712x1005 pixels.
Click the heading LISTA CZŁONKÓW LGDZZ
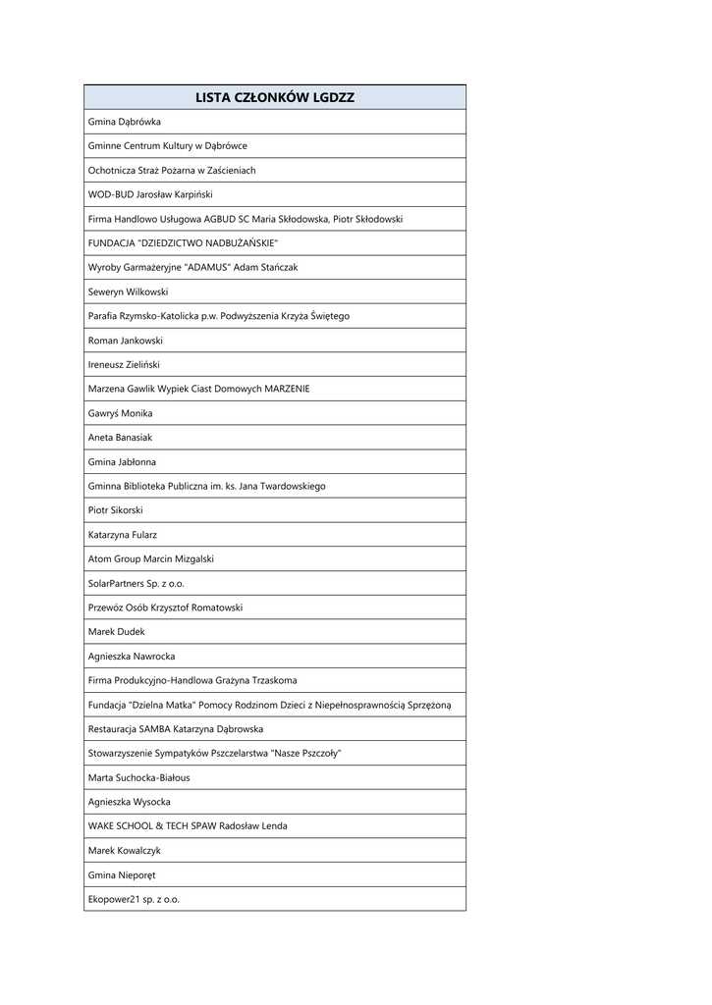[274, 97]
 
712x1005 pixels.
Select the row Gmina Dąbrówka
[125, 122]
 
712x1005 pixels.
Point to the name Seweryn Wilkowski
[129, 291]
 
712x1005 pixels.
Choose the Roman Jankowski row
[126, 341]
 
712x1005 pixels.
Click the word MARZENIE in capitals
[287, 389]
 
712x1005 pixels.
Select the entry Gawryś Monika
[121, 413]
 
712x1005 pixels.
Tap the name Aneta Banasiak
[121, 438]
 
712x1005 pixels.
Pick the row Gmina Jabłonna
[123, 461]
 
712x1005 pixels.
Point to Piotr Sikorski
[116, 510]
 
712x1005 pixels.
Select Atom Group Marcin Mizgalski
[151, 558]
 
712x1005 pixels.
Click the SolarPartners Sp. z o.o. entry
[137, 583]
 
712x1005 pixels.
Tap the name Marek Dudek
[116, 632]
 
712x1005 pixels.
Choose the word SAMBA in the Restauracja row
[155, 729]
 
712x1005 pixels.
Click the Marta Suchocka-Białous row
[139, 777]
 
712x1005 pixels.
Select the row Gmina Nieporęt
[122, 874]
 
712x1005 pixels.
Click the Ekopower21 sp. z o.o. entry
[135, 899]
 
